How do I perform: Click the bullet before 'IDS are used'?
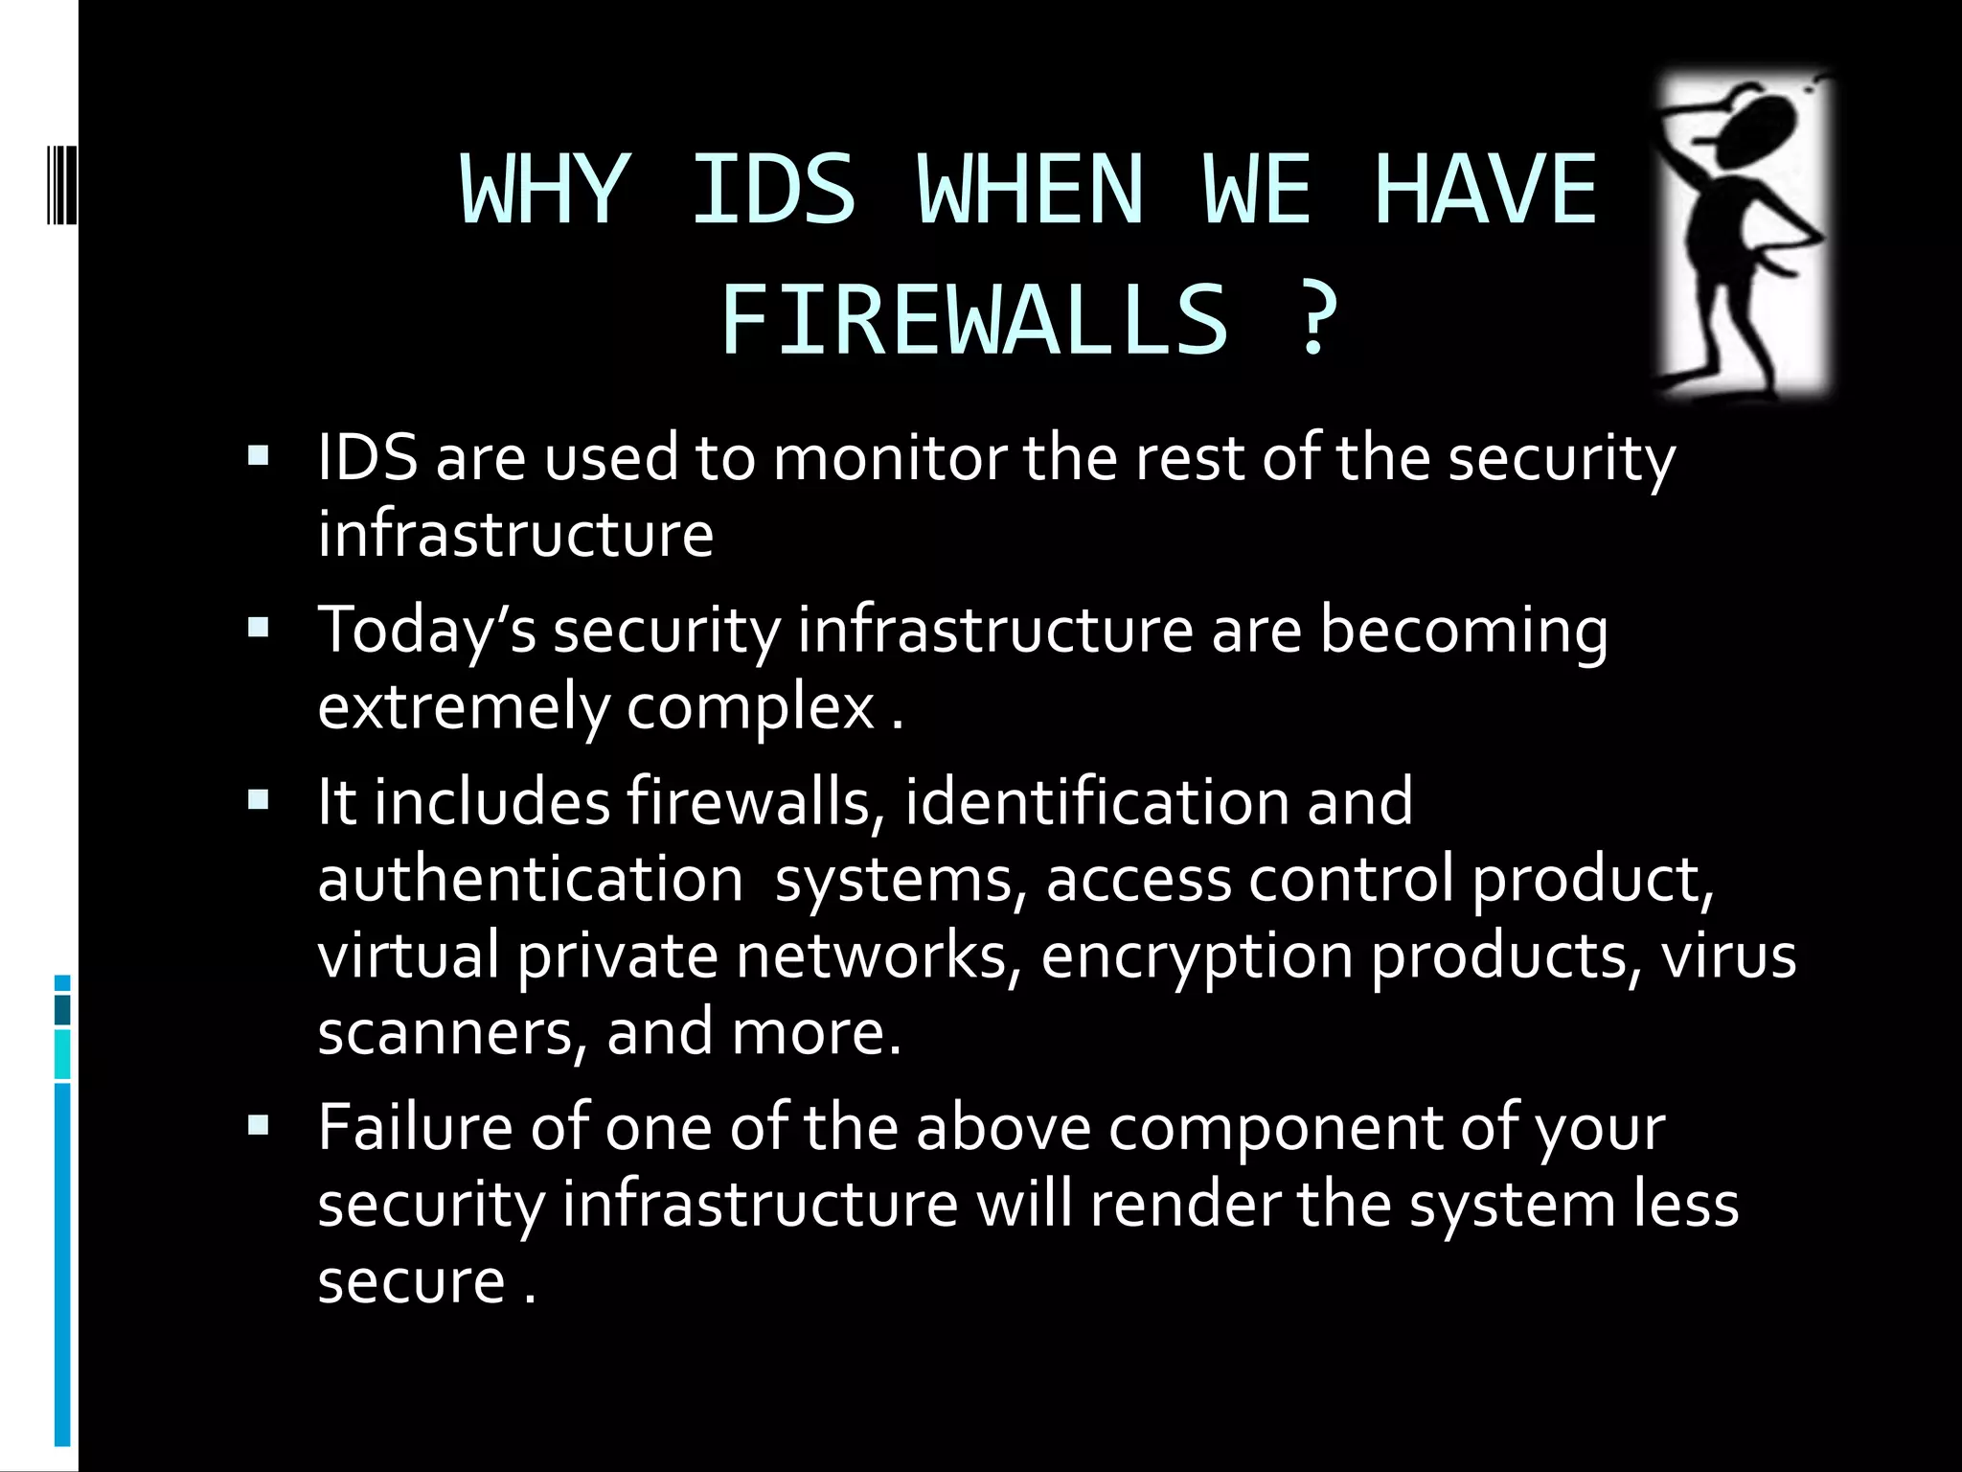tap(259, 456)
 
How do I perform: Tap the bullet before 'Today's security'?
tap(259, 629)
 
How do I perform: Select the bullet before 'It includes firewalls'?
tap(259, 800)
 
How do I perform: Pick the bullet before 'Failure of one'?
tap(259, 1125)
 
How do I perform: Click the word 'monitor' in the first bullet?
tap(889, 457)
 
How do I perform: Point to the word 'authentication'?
tap(530, 879)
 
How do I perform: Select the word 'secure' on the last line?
tap(411, 1281)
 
